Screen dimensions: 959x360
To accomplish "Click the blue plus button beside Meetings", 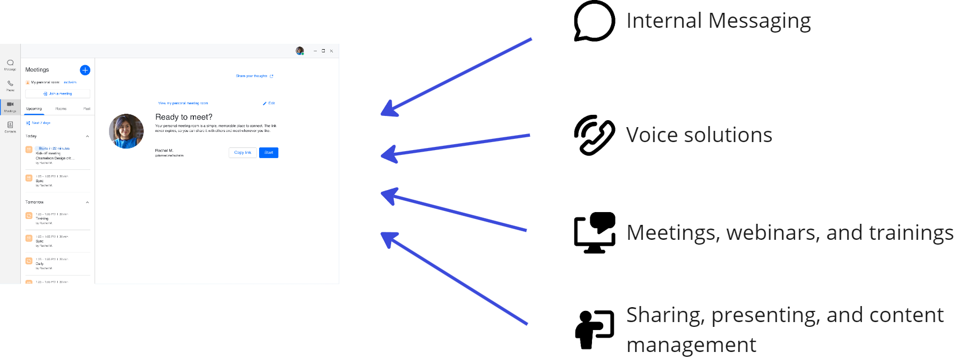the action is click(x=85, y=70).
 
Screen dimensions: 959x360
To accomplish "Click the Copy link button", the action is click(x=243, y=153).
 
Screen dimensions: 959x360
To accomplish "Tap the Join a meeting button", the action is click(x=58, y=93).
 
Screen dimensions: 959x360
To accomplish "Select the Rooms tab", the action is click(x=61, y=109).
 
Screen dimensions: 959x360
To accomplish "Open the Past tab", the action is click(x=87, y=109).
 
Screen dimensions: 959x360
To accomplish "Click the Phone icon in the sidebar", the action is click(x=10, y=84).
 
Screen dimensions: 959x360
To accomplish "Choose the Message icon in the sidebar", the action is click(x=10, y=64).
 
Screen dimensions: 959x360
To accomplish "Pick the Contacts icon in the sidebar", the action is click(x=10, y=126).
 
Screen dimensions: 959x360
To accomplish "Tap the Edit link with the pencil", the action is click(x=269, y=103).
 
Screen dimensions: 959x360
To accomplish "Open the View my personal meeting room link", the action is click(x=183, y=103).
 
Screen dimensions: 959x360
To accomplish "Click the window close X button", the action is click(x=331, y=51).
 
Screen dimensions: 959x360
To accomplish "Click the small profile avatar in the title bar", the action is click(x=300, y=51).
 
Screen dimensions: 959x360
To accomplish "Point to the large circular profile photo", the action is click(x=127, y=131).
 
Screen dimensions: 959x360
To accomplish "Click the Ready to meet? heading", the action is click(x=184, y=117).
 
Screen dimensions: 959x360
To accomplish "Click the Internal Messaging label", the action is click(x=718, y=21).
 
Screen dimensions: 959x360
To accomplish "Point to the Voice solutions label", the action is click(x=699, y=135).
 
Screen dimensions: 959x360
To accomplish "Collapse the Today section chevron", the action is click(x=88, y=136).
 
